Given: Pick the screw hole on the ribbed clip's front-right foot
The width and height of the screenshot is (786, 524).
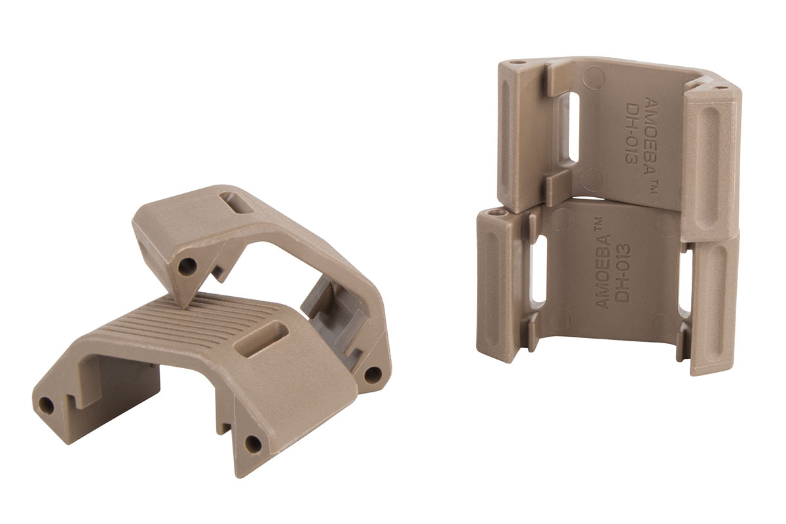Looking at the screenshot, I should pyautogui.click(x=252, y=444).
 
